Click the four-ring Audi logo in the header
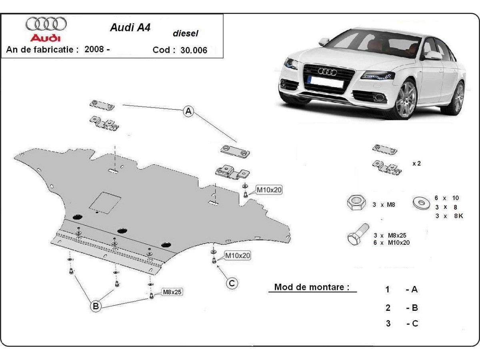point(46,24)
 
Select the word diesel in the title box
point(185,34)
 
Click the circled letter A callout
point(188,112)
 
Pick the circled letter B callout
point(96,306)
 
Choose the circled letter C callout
point(232,283)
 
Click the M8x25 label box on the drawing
point(172,292)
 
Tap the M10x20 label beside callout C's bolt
point(237,255)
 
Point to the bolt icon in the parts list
point(356,236)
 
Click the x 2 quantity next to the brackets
point(416,164)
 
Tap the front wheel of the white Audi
point(405,99)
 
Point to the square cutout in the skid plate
point(105,202)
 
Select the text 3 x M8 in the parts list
point(384,205)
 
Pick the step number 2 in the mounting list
point(388,308)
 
